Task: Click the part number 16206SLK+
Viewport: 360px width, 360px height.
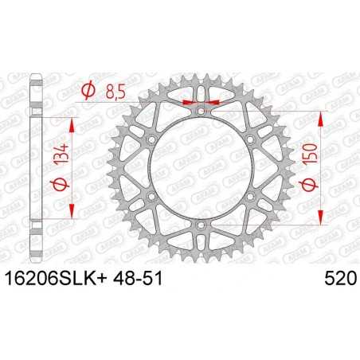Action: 61,277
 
